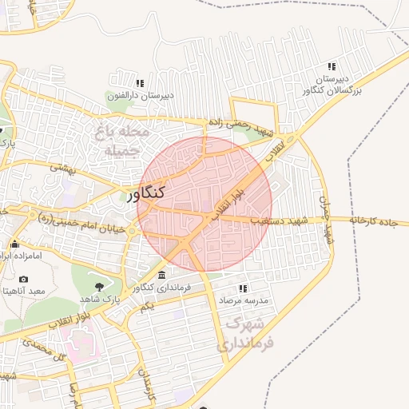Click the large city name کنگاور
click(146, 193)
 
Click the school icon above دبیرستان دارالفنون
click(140, 83)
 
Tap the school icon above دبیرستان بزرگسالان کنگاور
click(332, 66)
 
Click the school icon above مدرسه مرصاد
click(243, 288)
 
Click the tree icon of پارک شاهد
click(99, 286)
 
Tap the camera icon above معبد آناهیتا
click(23, 280)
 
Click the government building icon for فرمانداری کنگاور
click(162, 275)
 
